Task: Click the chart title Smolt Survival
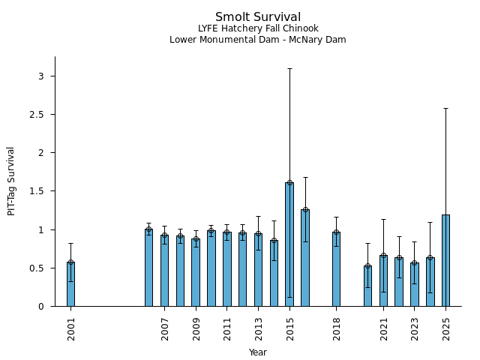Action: coord(258,17)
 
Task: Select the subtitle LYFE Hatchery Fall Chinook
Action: coord(258,28)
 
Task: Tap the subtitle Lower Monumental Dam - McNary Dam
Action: coord(258,40)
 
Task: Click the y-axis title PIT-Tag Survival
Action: coord(11,181)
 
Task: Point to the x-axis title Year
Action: coord(258,352)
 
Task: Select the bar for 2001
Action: coord(70,284)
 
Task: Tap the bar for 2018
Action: coord(336,269)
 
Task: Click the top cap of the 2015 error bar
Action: coord(289,68)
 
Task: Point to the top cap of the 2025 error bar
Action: coord(445,108)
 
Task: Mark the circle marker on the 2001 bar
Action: coord(70,262)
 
